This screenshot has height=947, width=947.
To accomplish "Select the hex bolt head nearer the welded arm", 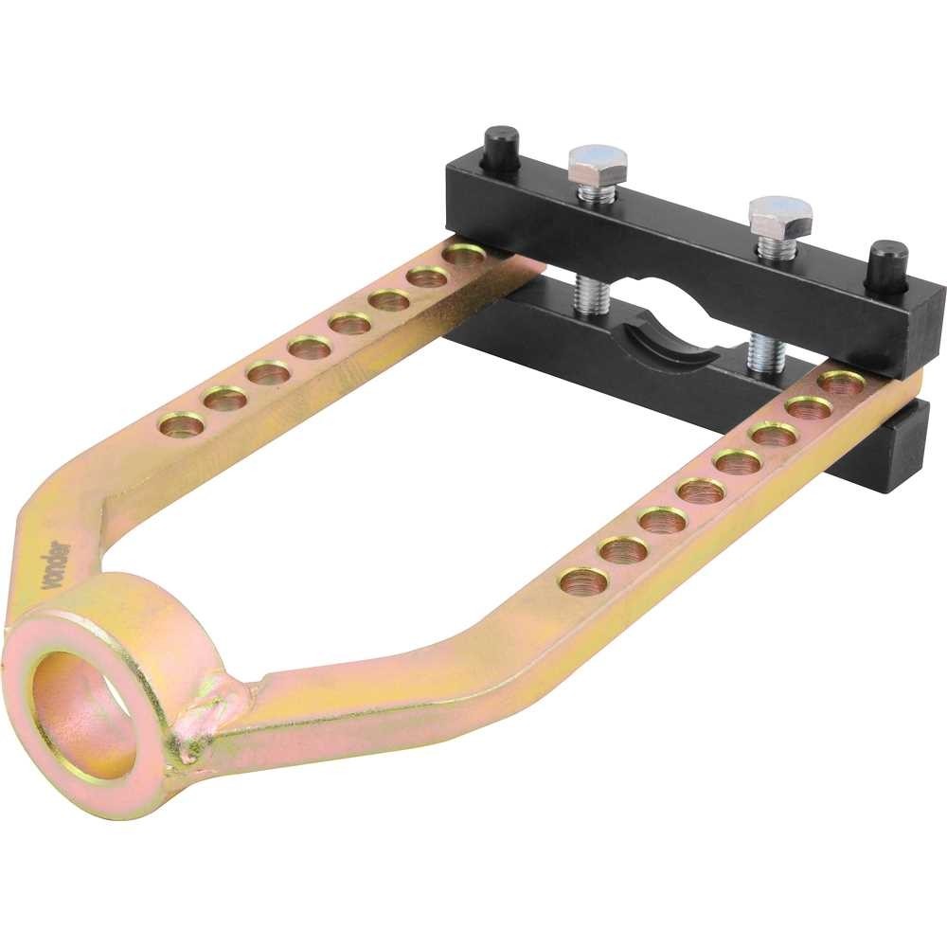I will pos(779,217).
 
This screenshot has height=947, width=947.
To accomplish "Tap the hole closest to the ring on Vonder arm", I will pos(182,425).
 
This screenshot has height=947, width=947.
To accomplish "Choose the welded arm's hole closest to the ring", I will pos(583,581).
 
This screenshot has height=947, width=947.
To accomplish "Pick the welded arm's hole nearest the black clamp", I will pos(842,383).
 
